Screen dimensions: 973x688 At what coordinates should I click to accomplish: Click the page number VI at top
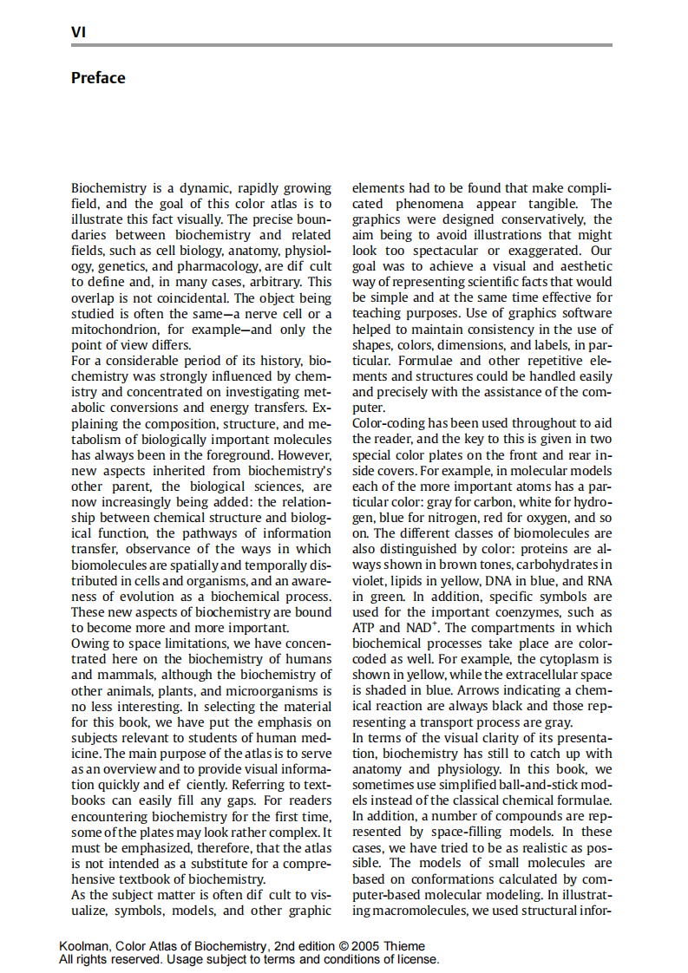[77, 33]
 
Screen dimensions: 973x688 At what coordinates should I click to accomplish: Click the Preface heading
[98, 78]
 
